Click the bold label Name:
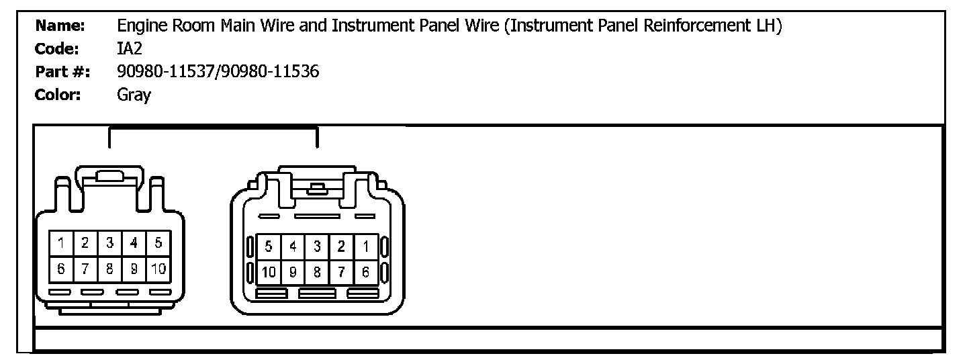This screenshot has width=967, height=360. click(60, 26)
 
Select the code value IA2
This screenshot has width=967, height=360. click(130, 49)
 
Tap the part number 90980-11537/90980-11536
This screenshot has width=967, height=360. click(218, 72)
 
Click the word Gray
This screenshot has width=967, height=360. click(134, 95)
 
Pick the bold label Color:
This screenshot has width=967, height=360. click(58, 95)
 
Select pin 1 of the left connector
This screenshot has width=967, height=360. click(60, 243)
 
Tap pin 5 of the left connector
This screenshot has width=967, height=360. click(158, 243)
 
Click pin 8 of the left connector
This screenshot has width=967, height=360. click(109, 269)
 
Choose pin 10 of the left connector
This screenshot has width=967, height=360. click(158, 269)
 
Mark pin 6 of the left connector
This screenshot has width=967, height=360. click(60, 269)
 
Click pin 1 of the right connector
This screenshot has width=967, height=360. click(365, 246)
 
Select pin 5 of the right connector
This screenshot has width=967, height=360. click(268, 246)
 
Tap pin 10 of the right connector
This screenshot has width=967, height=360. click(268, 272)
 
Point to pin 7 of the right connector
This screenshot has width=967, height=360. click(341, 272)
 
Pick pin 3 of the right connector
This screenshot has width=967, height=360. click(317, 246)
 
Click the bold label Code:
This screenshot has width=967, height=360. click(57, 49)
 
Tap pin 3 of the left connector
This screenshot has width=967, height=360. click(109, 243)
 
